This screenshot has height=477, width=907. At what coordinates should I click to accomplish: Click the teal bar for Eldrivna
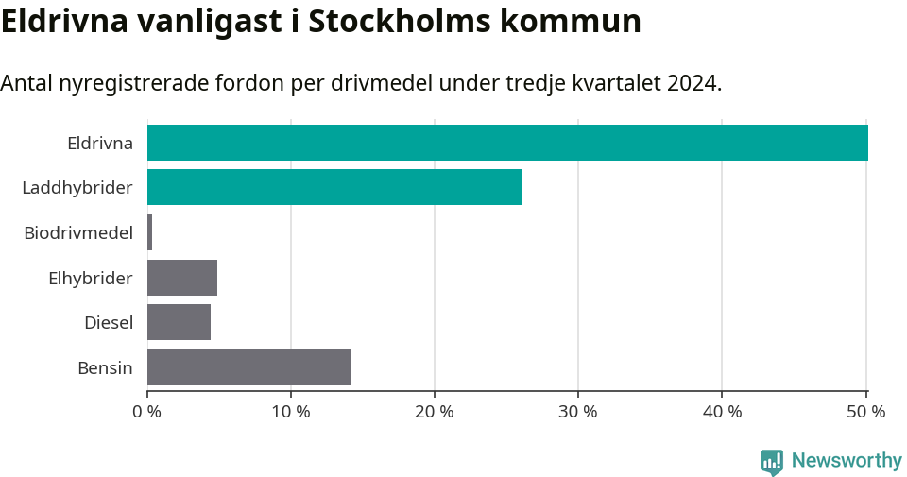[507, 143]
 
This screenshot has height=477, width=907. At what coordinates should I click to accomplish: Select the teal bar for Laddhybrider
[334, 187]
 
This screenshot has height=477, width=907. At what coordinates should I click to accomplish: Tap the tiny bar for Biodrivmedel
[149, 232]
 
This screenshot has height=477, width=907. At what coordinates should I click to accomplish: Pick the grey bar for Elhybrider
[182, 278]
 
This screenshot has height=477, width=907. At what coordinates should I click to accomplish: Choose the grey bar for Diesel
[179, 322]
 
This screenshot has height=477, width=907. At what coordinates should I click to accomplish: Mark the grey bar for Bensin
[248, 367]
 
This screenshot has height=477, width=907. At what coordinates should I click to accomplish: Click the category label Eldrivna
[99, 144]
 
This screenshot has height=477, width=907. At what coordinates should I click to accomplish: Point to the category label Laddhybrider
[77, 188]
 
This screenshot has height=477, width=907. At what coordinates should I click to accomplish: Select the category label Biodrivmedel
[78, 232]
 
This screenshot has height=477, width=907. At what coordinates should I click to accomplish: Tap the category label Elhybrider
[90, 278]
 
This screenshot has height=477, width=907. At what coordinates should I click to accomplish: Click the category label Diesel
[108, 323]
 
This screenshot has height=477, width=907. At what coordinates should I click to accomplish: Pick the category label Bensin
[105, 367]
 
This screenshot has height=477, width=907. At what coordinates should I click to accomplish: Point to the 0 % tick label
[147, 412]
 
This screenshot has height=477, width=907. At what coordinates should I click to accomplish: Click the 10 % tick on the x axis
[291, 412]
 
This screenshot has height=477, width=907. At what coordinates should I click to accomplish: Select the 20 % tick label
[435, 412]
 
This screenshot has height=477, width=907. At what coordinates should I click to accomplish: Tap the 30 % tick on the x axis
[578, 412]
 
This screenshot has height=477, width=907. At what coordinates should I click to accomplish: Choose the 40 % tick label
[722, 412]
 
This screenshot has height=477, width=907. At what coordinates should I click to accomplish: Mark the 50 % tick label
[865, 412]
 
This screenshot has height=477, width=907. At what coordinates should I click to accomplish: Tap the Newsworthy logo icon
[771, 461]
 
